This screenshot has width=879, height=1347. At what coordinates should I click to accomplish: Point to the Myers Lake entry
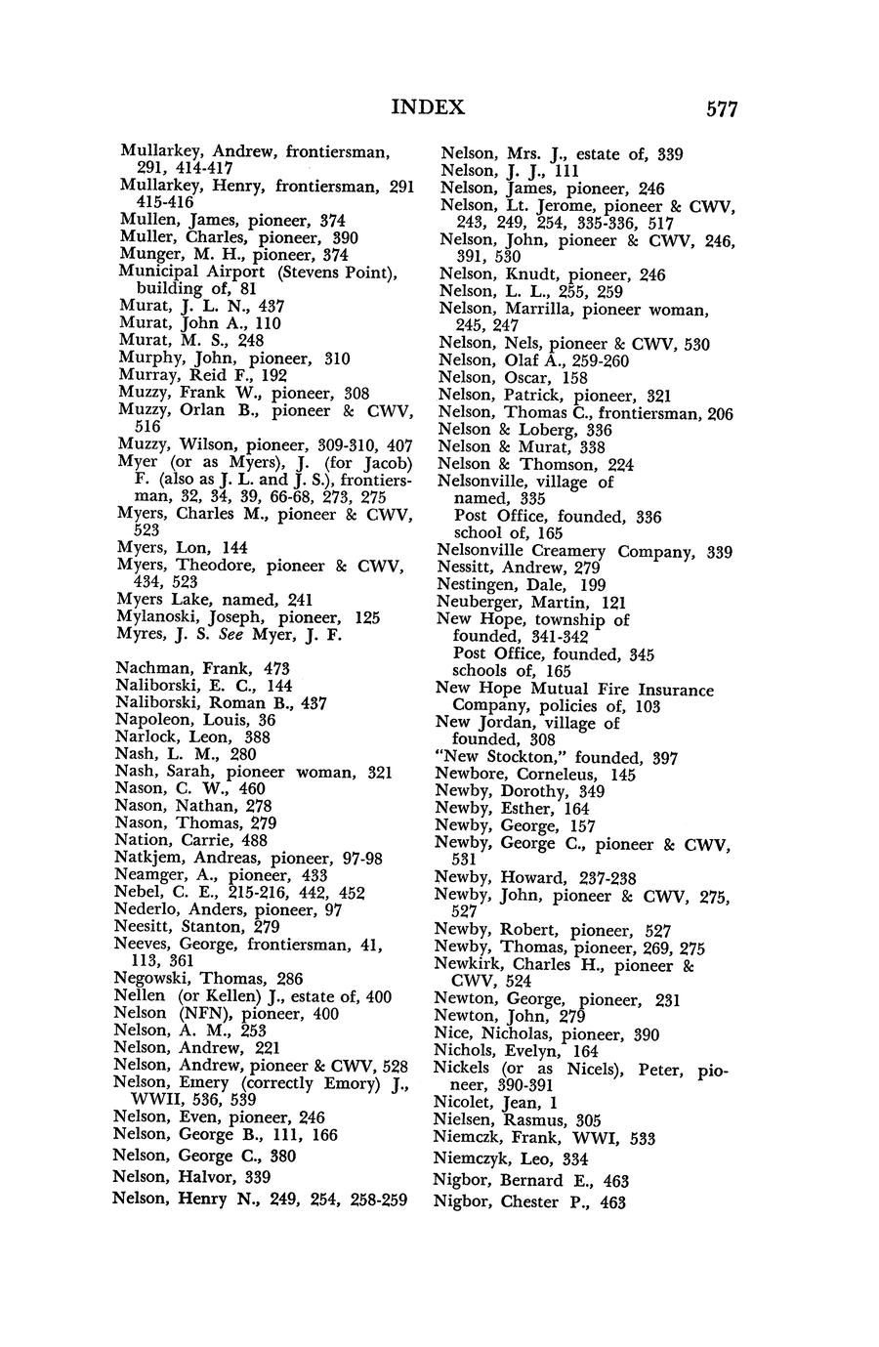pyautogui.click(x=159, y=600)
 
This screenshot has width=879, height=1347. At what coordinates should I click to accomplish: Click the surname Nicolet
pyautogui.click(x=467, y=1103)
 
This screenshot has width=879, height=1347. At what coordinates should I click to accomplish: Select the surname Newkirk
pyautogui.click(x=469, y=965)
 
